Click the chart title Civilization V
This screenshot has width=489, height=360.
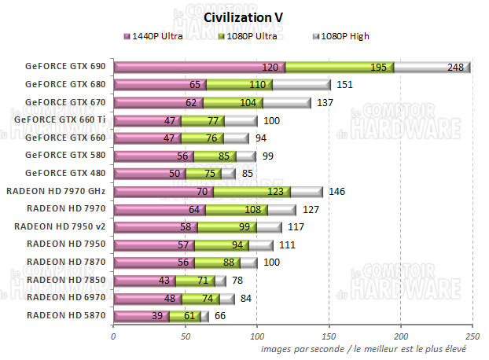tap(244, 17)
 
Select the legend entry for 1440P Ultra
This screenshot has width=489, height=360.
tap(158, 36)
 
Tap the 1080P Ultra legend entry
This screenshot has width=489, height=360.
tap(251, 36)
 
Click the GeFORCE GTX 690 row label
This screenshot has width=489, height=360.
tap(64, 67)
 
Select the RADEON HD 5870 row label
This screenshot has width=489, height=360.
tap(65, 315)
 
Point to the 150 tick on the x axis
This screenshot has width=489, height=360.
tap(329, 336)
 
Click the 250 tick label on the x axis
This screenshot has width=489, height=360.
tap(472, 336)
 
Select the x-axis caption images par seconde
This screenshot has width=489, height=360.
tap(365, 348)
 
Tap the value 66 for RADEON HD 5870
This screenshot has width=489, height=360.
tap(220, 316)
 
